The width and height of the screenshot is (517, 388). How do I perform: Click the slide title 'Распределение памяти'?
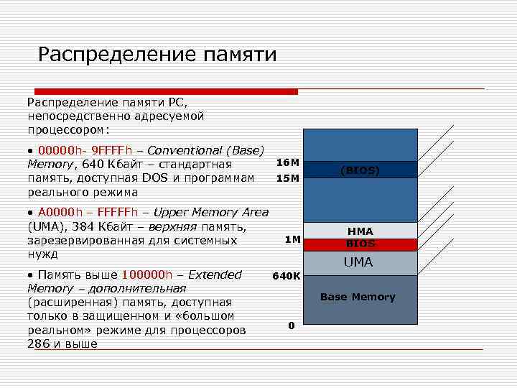pyautogui.click(x=157, y=55)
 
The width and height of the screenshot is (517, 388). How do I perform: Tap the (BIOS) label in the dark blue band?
pyautogui.click(x=360, y=170)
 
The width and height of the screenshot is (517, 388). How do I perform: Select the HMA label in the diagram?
pyautogui.click(x=360, y=231)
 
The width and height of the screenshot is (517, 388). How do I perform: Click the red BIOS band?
pyautogui.click(x=360, y=244)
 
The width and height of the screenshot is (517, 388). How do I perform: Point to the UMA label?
pyautogui.click(x=358, y=262)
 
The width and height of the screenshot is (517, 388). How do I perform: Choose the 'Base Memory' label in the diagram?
pyautogui.click(x=358, y=297)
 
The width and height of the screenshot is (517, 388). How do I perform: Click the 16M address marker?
pyautogui.click(x=287, y=163)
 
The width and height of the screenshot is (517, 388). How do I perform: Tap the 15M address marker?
pyautogui.click(x=287, y=178)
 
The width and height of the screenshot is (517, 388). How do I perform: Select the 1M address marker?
pyautogui.click(x=292, y=239)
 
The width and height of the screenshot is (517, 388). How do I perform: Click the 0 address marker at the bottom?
pyautogui.click(x=291, y=325)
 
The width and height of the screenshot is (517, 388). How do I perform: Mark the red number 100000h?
pyautogui.click(x=147, y=274)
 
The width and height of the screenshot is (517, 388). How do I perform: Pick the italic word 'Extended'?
pyautogui.click(x=216, y=274)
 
